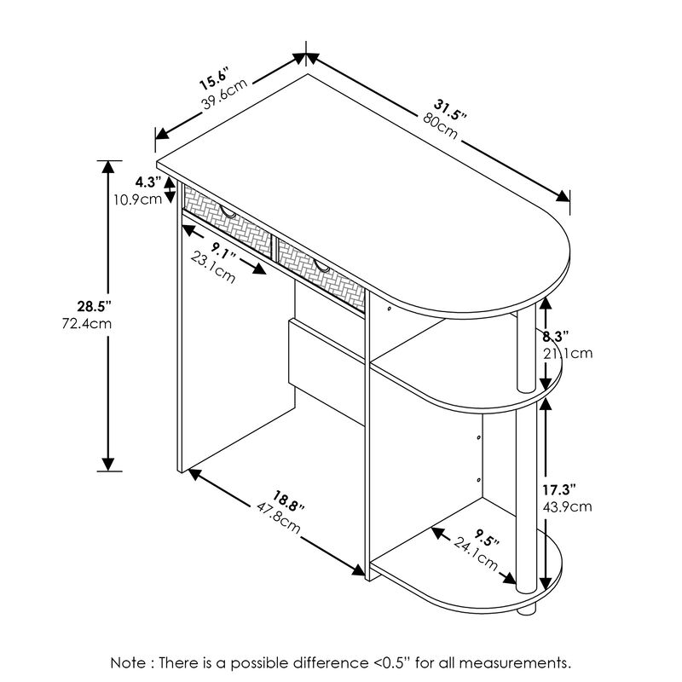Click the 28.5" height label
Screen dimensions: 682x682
(x=95, y=306)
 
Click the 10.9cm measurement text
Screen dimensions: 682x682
(x=138, y=199)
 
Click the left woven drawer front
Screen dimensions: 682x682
(x=223, y=216)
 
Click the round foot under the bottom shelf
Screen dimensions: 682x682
(x=529, y=609)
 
